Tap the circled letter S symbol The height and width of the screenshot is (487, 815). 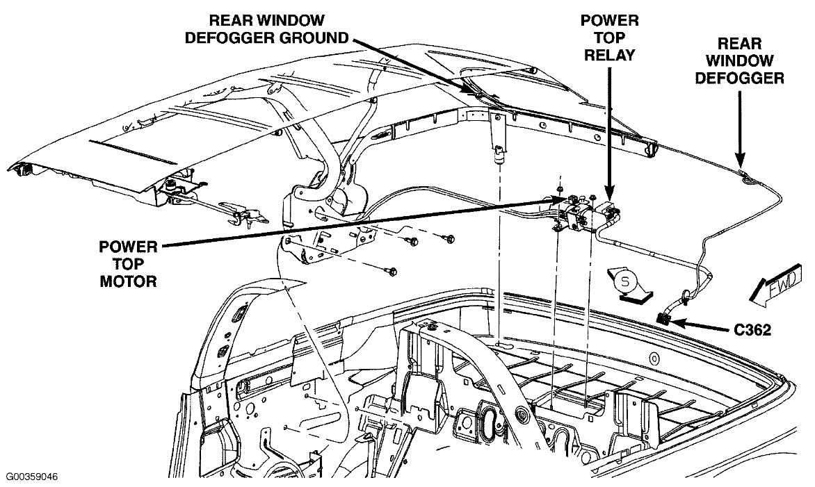pyautogui.click(x=625, y=283)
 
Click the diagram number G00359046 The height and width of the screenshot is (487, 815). pyautogui.click(x=32, y=477)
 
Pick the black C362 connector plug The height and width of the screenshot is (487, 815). pyautogui.click(x=663, y=318)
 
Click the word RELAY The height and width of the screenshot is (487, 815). pyautogui.click(x=608, y=54)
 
